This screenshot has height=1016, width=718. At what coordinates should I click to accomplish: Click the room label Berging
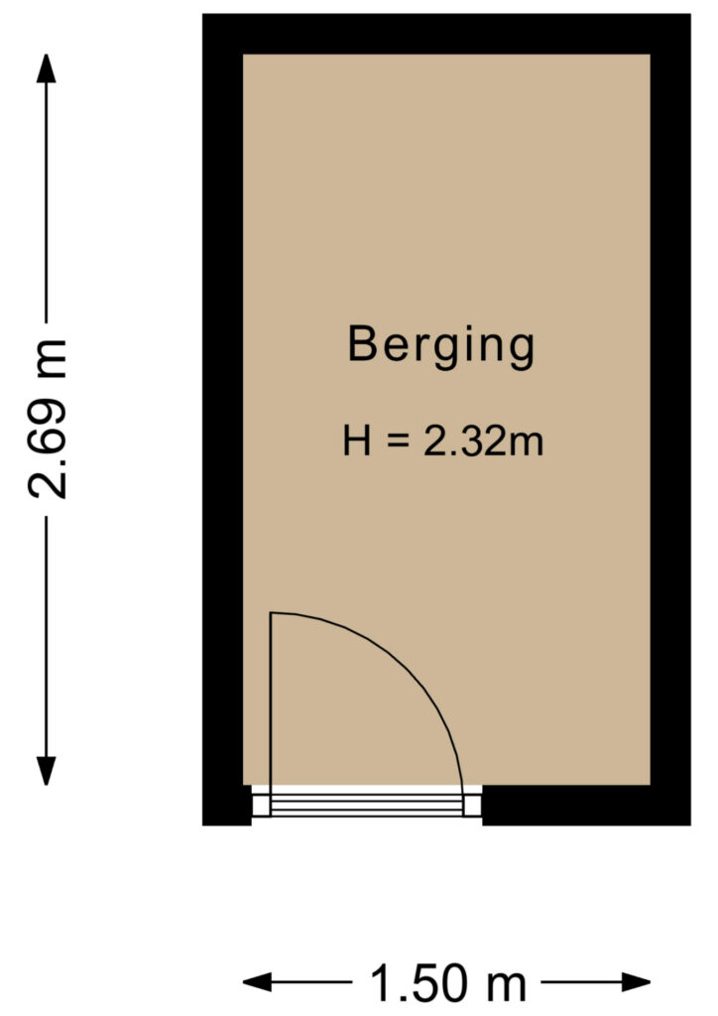tap(441, 346)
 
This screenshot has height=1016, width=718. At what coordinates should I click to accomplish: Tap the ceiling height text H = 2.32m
tap(443, 442)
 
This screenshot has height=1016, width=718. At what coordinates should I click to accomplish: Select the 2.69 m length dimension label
tap(48, 419)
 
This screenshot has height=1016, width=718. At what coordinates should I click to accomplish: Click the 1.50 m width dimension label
tap(447, 983)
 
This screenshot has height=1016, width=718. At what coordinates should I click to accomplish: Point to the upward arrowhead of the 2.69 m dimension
tap(46, 68)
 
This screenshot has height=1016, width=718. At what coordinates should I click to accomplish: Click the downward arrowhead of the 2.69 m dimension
tap(46, 771)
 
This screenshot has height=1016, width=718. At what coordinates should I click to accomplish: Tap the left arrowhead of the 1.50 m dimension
tap(257, 982)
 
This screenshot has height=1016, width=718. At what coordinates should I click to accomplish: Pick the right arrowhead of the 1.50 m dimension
tap(636, 982)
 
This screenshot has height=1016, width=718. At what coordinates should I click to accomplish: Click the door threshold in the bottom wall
tap(367, 805)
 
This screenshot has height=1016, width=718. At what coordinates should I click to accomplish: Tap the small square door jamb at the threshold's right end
tap(472, 806)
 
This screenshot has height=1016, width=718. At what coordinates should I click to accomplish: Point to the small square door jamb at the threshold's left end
tap(261, 806)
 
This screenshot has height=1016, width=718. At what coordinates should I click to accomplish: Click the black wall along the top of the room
tap(446, 34)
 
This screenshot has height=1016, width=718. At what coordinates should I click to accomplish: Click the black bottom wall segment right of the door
tap(586, 806)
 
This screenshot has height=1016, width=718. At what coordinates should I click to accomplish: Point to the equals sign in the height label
tap(398, 442)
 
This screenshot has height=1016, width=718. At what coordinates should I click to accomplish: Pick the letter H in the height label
tap(357, 442)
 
